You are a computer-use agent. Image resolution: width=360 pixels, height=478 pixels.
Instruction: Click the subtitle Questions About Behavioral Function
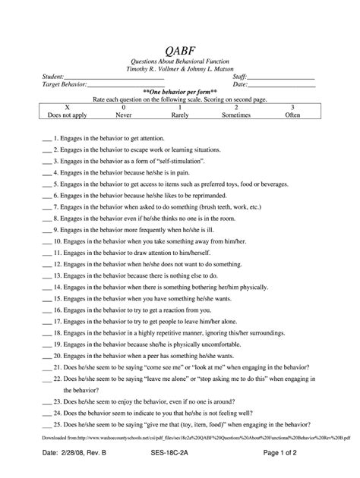[180, 61]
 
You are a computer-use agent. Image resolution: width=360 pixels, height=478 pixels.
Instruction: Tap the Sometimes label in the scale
[236, 117]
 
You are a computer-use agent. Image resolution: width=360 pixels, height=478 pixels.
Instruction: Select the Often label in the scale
[292, 117]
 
